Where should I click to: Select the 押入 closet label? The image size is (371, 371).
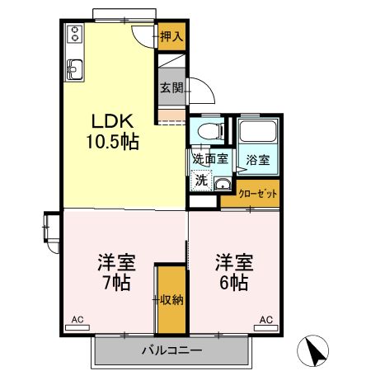[x=171, y=36]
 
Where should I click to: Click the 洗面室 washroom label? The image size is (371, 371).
[x=209, y=159]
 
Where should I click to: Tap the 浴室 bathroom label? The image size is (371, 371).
[x=259, y=160]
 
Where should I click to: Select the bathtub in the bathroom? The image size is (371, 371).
[x=258, y=136]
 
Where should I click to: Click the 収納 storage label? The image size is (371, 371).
[x=171, y=298]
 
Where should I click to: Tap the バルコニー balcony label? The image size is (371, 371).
[x=171, y=350]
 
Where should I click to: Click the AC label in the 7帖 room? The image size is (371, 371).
[x=77, y=320]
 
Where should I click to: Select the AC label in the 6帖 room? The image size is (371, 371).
[x=266, y=320]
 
